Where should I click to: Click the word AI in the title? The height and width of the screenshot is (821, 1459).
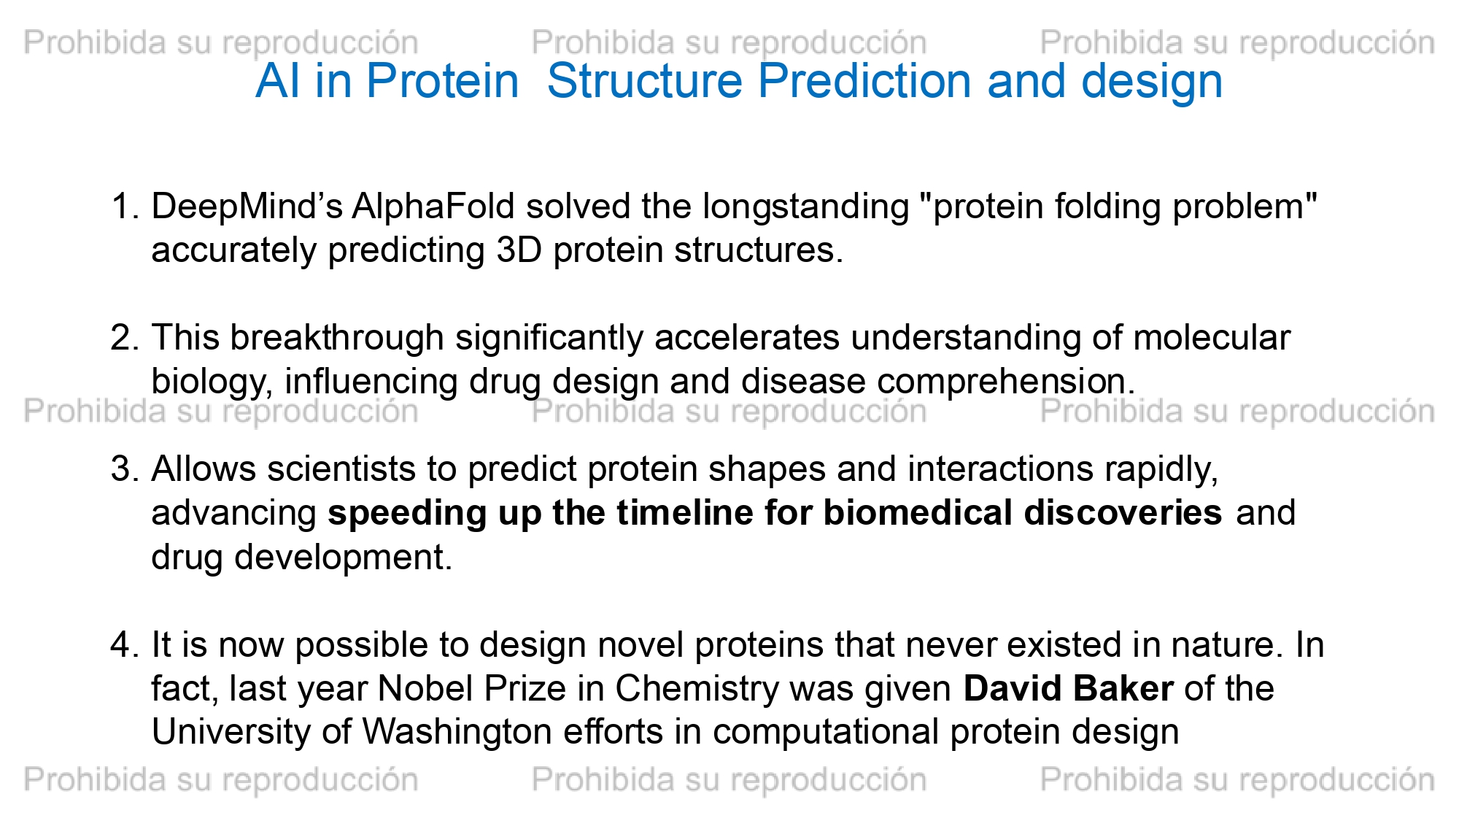278,81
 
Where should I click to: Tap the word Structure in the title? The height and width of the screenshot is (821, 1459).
645,81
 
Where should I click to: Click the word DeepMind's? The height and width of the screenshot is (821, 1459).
247,207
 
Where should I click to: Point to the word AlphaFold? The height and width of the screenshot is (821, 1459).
433,207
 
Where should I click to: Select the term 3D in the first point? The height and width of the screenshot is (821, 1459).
519,250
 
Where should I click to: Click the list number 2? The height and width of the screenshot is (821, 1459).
125,338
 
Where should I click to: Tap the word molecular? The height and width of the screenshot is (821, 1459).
1212,338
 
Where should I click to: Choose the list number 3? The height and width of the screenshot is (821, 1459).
125,469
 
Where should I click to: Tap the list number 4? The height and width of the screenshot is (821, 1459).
125,645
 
